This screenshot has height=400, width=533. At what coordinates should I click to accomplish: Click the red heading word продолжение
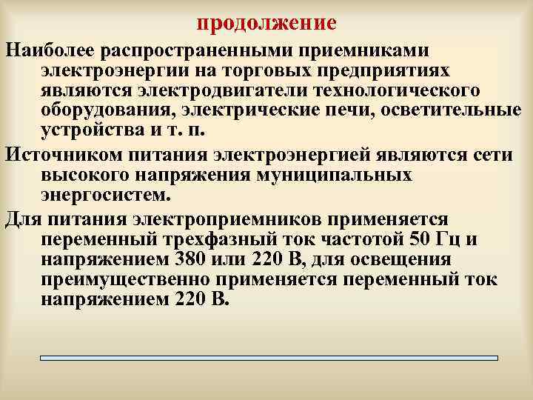pos(266,23)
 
